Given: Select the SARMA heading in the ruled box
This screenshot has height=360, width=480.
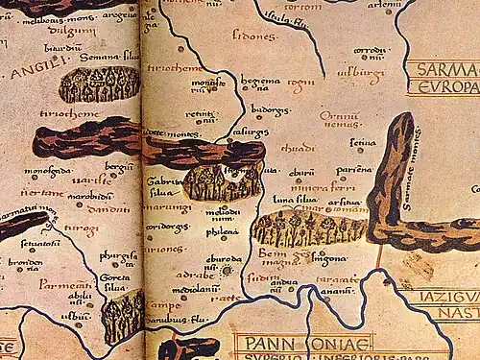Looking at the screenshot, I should [x=443, y=69].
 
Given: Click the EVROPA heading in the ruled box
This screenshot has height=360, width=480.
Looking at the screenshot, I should [x=443, y=86].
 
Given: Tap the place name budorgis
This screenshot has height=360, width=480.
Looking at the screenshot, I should [x=270, y=109].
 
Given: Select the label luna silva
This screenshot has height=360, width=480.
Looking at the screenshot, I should [x=296, y=200].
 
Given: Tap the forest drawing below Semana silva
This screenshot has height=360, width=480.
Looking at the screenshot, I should [x=100, y=84].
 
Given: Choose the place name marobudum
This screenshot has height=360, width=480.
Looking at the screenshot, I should [x=90, y=196].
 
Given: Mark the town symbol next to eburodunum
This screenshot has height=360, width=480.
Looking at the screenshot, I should [x=227, y=270].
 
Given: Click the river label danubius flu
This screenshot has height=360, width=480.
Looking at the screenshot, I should [x=177, y=316].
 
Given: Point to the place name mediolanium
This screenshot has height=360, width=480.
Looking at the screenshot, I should [x=191, y=287].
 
